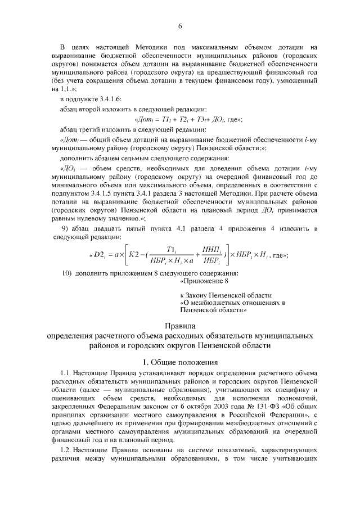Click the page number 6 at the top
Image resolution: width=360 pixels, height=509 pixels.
click(180, 26)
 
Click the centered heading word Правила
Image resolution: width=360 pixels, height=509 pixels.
click(180, 326)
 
